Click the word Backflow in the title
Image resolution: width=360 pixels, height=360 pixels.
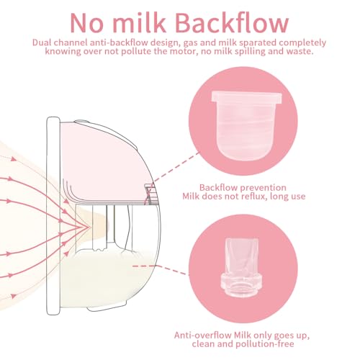coord(232,22)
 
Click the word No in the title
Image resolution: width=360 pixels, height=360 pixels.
coord(86,23)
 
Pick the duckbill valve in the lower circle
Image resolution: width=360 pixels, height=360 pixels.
coord(242,267)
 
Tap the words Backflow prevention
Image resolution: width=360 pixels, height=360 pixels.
coord(243,187)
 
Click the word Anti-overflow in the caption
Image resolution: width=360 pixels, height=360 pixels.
coord(203,335)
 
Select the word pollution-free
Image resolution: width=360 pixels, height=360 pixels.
coord(265,344)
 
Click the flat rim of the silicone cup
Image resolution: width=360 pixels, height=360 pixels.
coord(246,97)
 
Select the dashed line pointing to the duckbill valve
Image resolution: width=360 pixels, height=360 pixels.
coord(159,269)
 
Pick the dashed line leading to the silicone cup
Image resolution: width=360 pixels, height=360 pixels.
coord(176,166)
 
